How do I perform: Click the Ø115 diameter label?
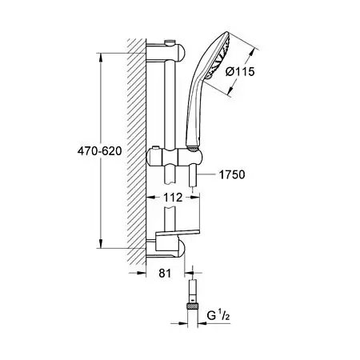(240, 71)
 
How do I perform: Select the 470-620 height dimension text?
(99, 151)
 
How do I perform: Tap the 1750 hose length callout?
(232, 174)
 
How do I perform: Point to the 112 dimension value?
(173, 198)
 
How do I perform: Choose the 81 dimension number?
(165, 273)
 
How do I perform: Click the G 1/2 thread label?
(218, 316)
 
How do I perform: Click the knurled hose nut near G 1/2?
(192, 306)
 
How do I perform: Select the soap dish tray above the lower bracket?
(178, 231)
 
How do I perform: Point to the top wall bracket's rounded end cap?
(181, 53)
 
